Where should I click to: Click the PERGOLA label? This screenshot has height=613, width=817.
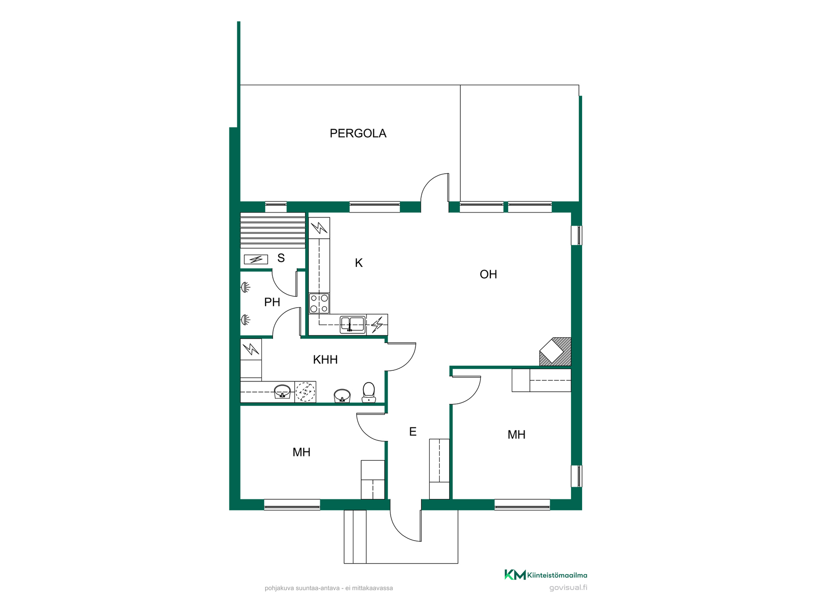[x=358, y=133]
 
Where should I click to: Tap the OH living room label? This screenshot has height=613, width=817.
[x=488, y=274]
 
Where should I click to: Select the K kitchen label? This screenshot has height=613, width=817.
[x=359, y=263]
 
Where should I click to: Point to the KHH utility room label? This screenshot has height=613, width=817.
[x=325, y=360]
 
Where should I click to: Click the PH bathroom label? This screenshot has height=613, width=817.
[x=272, y=302]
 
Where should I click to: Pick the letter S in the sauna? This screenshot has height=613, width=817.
[x=281, y=258]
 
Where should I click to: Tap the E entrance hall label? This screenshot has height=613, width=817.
[x=412, y=432]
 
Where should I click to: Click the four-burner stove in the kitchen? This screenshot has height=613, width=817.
[x=319, y=303]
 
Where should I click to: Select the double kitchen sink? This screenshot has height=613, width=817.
[x=352, y=324]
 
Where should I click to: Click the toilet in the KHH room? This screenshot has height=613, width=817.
[x=369, y=392]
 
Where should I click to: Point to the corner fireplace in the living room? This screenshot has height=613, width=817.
[x=555, y=351]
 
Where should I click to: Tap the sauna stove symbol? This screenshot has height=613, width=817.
[x=256, y=259]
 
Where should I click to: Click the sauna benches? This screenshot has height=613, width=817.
[x=273, y=230]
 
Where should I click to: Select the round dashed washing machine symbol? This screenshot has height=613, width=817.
[x=305, y=392]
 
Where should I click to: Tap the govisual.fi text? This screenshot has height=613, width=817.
[x=568, y=588]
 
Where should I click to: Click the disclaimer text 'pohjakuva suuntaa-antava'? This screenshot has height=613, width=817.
[x=302, y=588]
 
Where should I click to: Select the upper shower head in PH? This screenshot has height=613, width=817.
[x=246, y=288]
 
